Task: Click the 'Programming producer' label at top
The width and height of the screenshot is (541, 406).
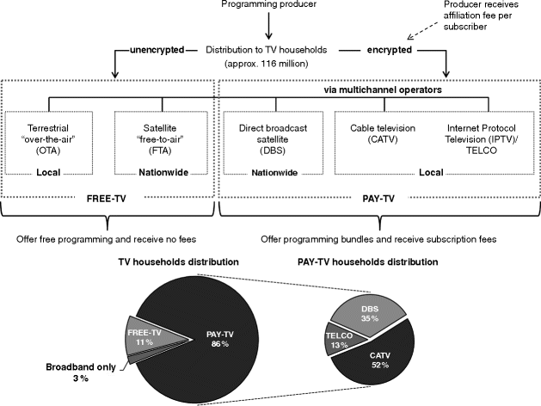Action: pos(267,9)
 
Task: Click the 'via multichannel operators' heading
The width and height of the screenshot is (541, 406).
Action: pos(380,89)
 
